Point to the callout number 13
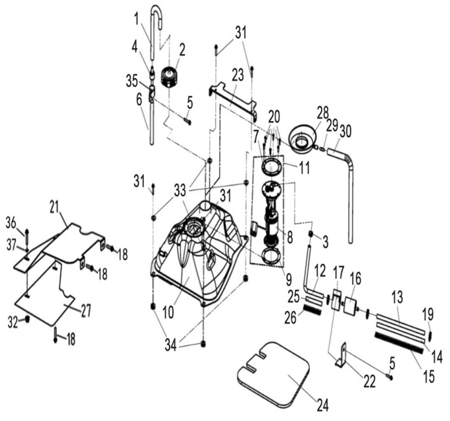click(397, 297)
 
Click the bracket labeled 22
click(341, 357)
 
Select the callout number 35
click(131, 81)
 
